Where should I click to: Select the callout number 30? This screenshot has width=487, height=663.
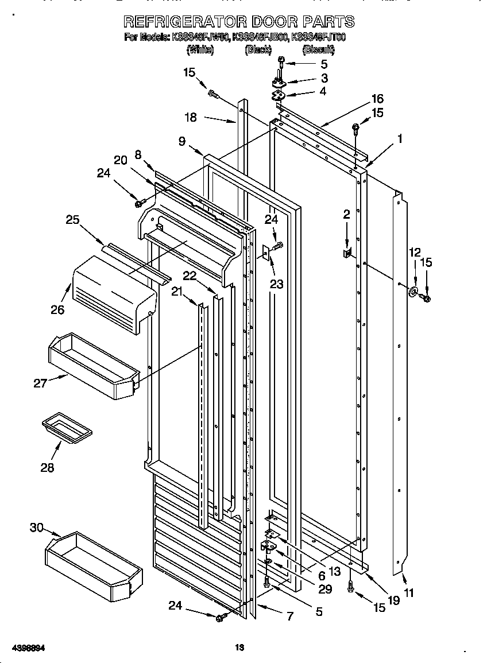click(36, 527)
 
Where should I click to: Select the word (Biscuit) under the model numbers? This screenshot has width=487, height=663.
click(318, 50)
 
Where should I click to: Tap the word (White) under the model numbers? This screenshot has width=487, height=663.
click(200, 50)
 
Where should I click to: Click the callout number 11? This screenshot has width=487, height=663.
click(408, 593)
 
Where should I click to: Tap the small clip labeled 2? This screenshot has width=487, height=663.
click(347, 253)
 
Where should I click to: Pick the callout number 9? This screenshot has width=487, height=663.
click(181, 141)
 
